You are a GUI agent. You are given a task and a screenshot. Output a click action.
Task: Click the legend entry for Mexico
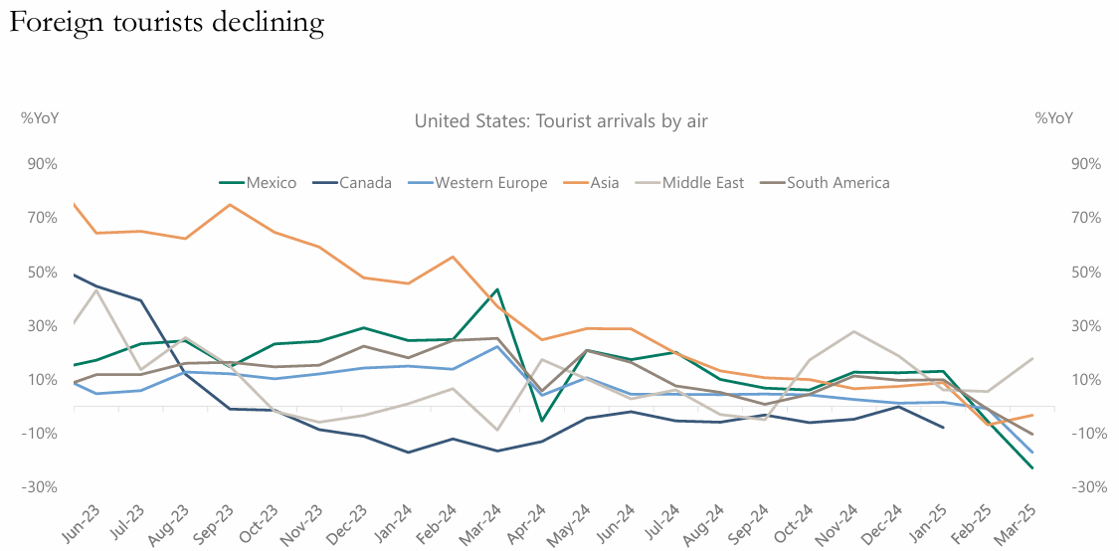(x=258, y=182)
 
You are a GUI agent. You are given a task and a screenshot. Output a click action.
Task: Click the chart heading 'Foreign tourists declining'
(x=167, y=23)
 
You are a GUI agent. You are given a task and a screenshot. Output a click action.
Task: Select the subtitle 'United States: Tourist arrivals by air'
(x=561, y=121)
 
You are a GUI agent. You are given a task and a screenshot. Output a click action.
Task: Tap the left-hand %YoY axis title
(x=40, y=118)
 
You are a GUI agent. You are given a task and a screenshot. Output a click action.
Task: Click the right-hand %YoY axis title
(x=1054, y=118)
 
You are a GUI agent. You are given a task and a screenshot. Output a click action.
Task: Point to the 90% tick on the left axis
(x=42, y=164)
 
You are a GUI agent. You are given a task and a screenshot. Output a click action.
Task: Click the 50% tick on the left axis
(x=42, y=273)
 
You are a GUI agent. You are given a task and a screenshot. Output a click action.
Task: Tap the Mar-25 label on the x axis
(x=1024, y=519)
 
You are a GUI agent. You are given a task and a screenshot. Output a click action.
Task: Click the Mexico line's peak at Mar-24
(x=497, y=289)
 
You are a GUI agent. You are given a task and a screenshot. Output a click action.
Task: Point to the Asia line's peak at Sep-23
(x=230, y=205)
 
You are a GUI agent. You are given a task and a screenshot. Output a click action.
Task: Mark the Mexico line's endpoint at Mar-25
(x=1032, y=467)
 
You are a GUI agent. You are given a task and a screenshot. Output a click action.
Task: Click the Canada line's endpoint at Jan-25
(x=943, y=428)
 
